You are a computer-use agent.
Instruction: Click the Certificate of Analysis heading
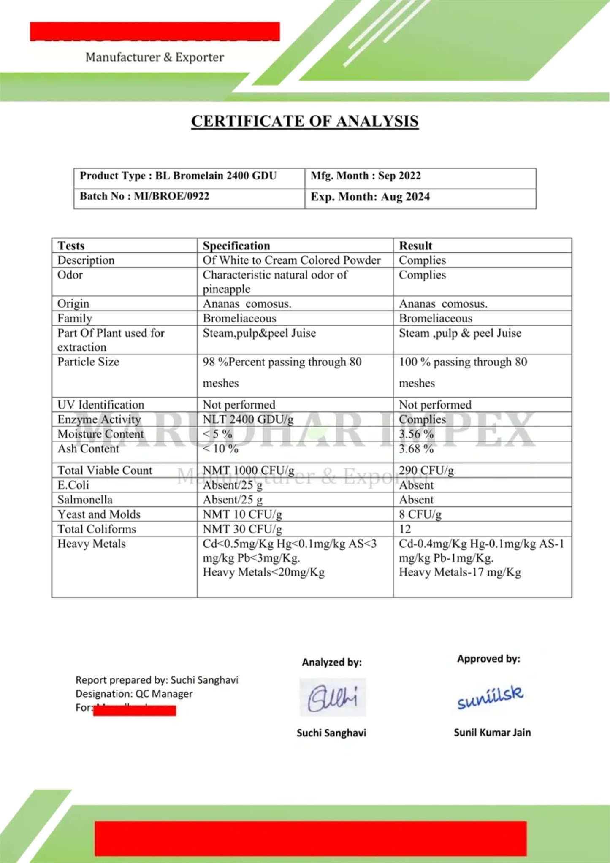305,121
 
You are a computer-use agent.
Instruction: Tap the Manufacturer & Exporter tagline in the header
155,57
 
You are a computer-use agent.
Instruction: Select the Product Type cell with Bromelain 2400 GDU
178,176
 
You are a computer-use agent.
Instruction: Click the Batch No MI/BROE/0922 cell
144,196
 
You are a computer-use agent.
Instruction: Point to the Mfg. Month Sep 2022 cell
366,176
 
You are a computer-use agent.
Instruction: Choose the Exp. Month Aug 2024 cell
370,197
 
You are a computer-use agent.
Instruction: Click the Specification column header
236,246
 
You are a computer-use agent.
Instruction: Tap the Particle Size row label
88,362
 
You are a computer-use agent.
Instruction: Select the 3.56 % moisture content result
416,434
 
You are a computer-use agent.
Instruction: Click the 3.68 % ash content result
416,449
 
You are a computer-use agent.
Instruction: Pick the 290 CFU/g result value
426,470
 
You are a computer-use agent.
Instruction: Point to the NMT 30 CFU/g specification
242,529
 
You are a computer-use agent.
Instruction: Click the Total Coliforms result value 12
405,529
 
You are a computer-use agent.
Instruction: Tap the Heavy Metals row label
92,544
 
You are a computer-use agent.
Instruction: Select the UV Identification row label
101,405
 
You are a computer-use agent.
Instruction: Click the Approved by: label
488,659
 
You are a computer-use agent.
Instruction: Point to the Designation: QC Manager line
134,694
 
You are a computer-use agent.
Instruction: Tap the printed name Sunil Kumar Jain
492,733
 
